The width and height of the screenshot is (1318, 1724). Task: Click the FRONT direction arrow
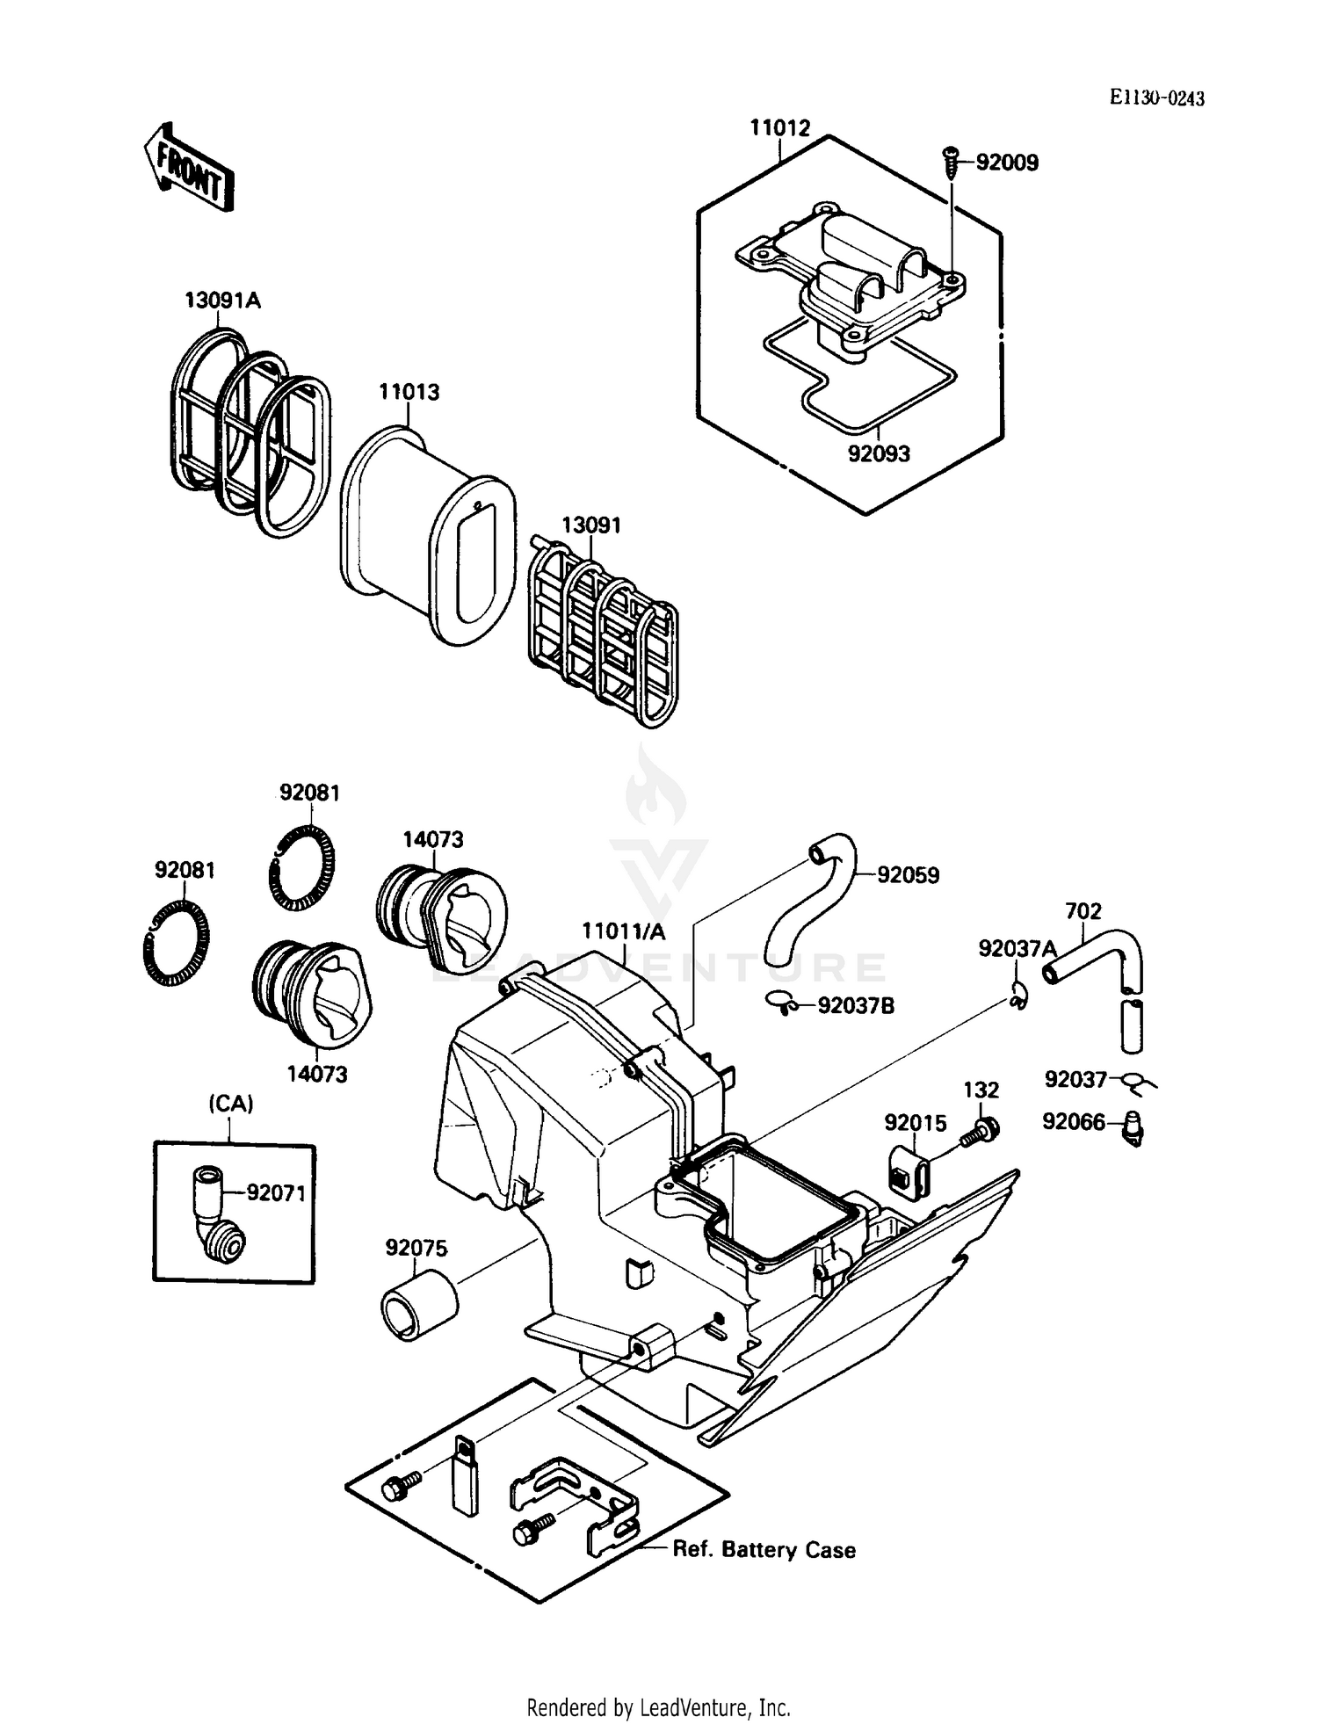pyautogui.click(x=188, y=167)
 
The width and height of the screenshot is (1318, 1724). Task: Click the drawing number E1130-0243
pyautogui.click(x=1155, y=98)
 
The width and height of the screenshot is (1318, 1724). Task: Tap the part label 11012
pyautogui.click(x=779, y=128)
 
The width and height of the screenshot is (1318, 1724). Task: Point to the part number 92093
pyautogui.click(x=878, y=454)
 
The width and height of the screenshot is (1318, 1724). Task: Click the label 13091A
pyautogui.click(x=222, y=301)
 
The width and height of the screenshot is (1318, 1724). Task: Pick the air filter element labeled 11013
pyautogui.click(x=426, y=536)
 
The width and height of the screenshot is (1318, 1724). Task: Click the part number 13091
pyautogui.click(x=590, y=525)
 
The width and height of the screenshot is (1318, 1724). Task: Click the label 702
pyautogui.click(x=1083, y=911)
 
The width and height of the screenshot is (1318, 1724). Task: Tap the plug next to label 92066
pyautogui.click(x=1133, y=1127)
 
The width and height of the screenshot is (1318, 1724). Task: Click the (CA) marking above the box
pyautogui.click(x=231, y=1104)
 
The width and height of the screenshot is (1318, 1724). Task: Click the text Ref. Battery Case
pyautogui.click(x=764, y=1549)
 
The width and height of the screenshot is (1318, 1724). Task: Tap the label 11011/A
pyautogui.click(x=623, y=931)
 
